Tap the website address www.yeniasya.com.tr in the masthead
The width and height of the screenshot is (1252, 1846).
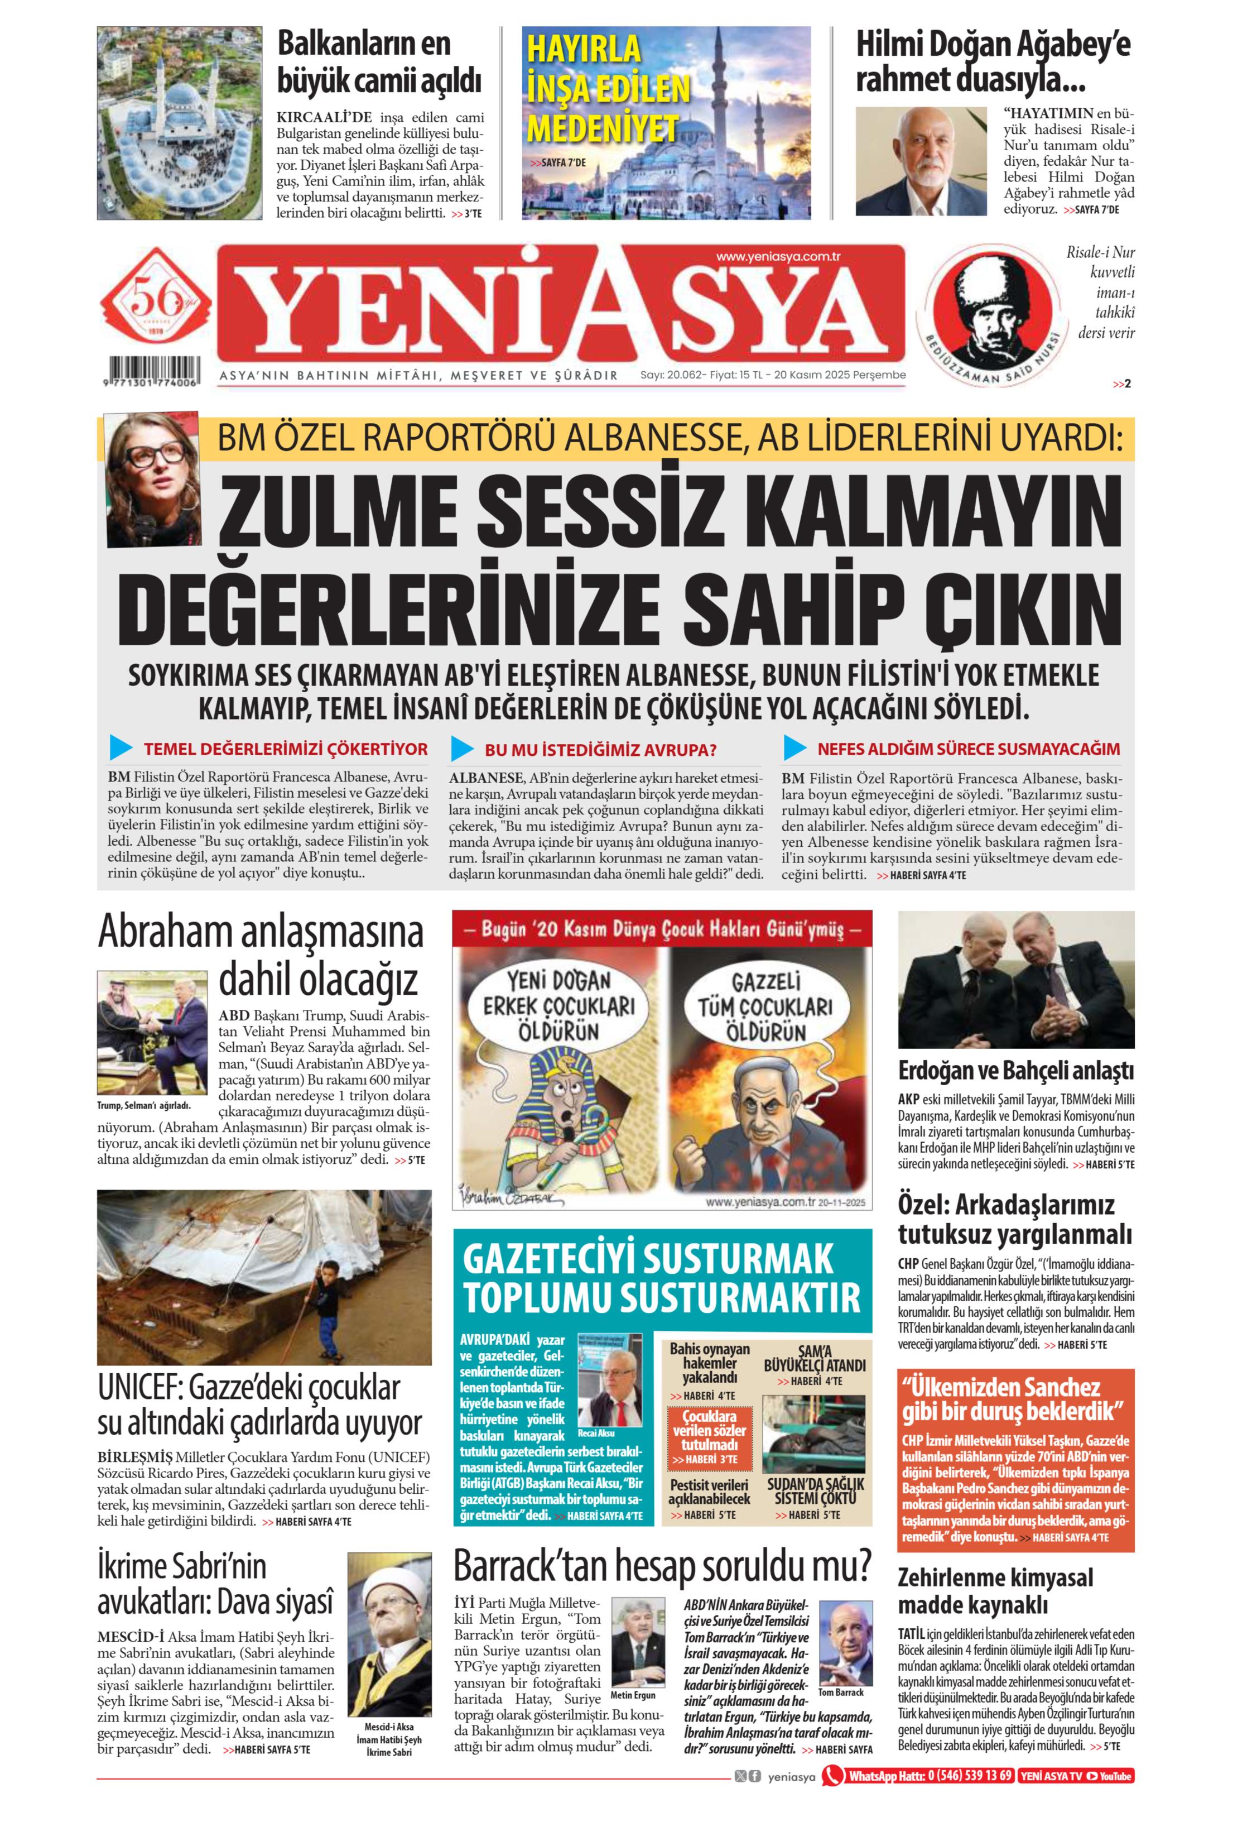point(777,257)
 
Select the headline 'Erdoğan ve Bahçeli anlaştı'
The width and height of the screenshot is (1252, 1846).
point(1015,1070)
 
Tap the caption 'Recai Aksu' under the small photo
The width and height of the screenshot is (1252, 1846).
point(596,1433)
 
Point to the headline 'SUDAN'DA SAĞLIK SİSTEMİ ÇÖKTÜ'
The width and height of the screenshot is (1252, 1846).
point(815,1491)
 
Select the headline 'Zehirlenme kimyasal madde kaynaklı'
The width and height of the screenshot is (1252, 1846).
point(995,1591)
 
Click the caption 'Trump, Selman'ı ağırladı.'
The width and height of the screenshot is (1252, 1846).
point(144,1105)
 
